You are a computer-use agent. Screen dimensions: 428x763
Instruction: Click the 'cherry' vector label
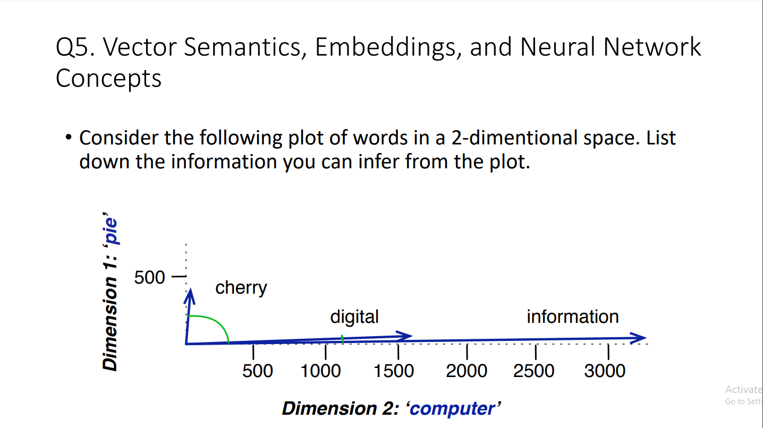click(x=241, y=288)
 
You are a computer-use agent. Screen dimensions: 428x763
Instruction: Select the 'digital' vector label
click(x=354, y=316)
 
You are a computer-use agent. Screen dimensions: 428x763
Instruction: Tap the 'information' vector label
click(x=572, y=316)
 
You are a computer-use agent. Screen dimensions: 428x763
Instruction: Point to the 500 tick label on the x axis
click(x=258, y=371)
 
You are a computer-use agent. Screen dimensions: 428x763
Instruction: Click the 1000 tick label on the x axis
click(x=320, y=371)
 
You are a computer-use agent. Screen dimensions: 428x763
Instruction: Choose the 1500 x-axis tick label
click(x=394, y=371)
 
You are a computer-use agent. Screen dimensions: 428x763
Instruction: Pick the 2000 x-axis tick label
click(x=467, y=371)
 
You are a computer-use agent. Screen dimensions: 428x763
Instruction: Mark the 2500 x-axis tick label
click(x=533, y=371)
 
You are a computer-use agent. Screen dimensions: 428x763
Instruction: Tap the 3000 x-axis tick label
click(x=605, y=371)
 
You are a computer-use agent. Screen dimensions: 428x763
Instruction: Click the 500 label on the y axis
click(x=149, y=277)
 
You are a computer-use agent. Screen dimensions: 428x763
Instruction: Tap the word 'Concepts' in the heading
click(x=108, y=79)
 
